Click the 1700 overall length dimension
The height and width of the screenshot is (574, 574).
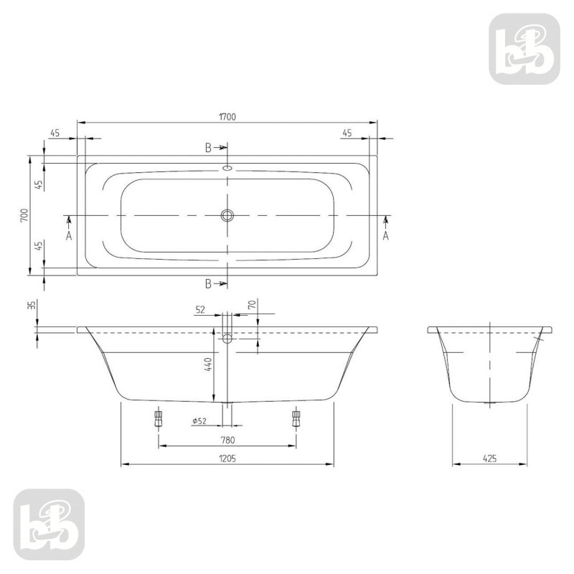pos(227,116)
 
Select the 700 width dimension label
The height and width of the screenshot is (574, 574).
pos(24,215)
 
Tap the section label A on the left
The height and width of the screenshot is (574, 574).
pos(69,235)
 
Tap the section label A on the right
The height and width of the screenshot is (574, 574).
pos(386,235)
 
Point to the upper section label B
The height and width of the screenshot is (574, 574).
pos(208,149)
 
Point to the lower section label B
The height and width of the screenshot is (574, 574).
pos(208,283)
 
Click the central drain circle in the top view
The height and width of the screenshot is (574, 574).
pos(227,215)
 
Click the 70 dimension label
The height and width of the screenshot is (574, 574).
pos(252,304)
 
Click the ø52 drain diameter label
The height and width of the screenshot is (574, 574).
pos(199,421)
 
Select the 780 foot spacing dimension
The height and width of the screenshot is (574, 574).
pos(227,440)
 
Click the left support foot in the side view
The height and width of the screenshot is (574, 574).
pos(159,418)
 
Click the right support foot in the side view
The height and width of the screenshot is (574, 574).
pos(295,418)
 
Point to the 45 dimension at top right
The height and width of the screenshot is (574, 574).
pos(347,133)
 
